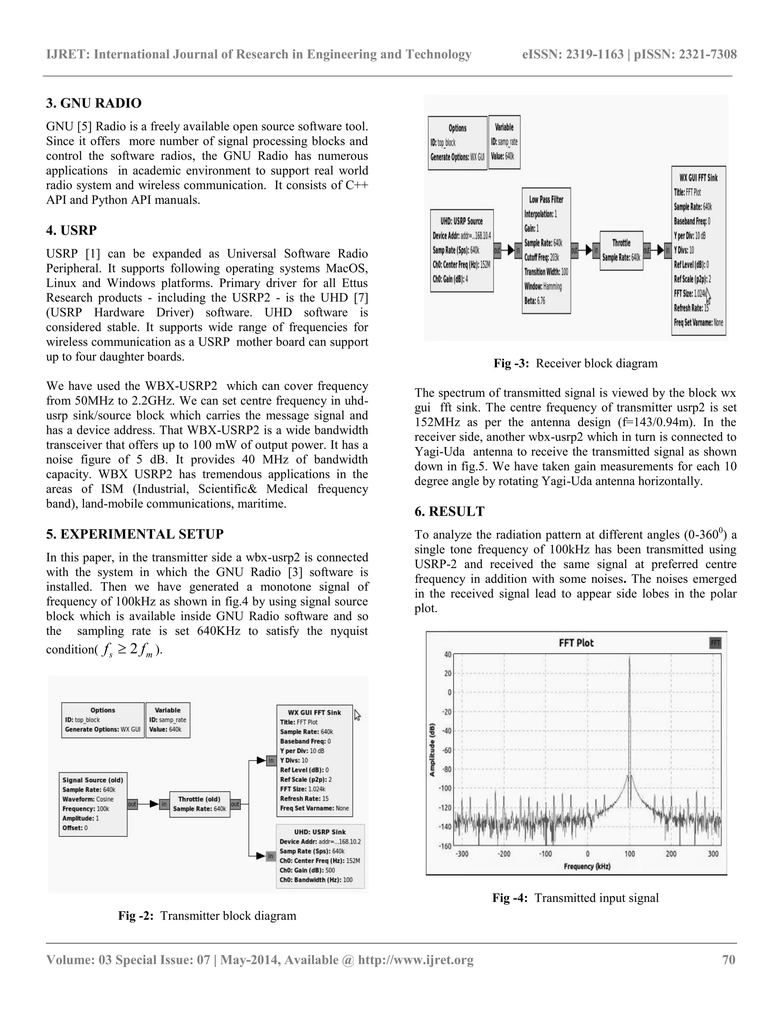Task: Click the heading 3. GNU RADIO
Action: [x=94, y=103]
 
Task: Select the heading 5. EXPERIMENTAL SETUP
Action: [x=135, y=534]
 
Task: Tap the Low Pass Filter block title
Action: [x=546, y=200]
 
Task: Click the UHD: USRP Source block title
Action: [x=461, y=221]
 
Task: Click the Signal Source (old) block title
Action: [x=93, y=780]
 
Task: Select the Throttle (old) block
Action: [x=200, y=804]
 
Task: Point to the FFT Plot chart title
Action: [x=576, y=643]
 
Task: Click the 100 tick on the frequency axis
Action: [x=629, y=854]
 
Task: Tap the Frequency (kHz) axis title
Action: [x=587, y=867]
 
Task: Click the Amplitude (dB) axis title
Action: [x=432, y=750]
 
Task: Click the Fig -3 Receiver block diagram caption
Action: [x=575, y=363]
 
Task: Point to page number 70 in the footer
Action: [x=729, y=959]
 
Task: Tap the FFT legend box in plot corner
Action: [x=715, y=643]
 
